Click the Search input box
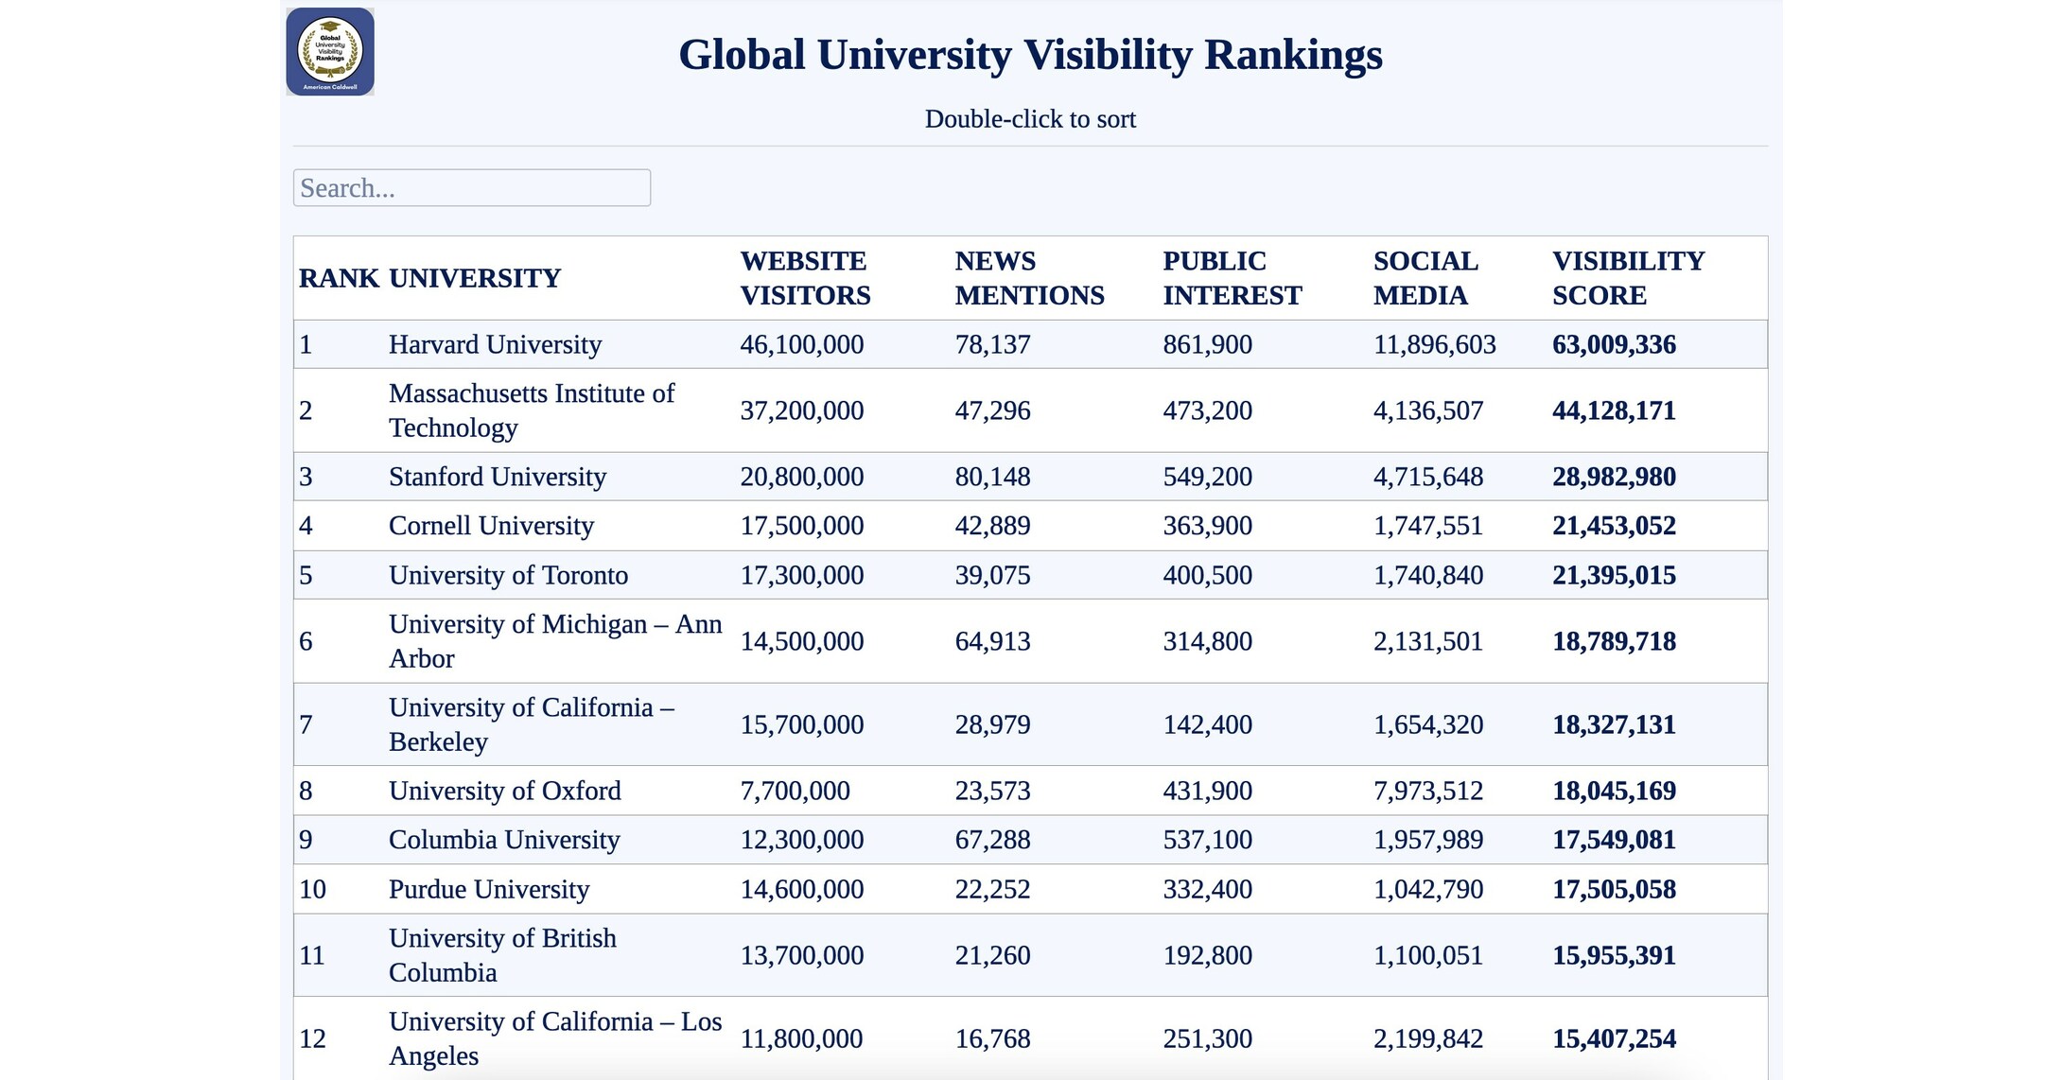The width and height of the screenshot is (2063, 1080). coord(471,188)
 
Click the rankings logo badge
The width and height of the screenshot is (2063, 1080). coord(330,52)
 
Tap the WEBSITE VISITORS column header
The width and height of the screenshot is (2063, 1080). coord(804,278)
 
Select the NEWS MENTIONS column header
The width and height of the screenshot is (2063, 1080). coord(1029,278)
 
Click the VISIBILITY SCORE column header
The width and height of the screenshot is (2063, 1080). coord(1628,278)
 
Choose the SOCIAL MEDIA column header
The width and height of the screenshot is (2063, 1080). coord(1425,278)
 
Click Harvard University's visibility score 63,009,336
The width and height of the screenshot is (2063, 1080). coord(1614,344)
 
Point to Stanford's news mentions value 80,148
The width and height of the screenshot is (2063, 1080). coord(992,477)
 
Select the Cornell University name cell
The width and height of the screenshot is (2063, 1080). coord(491,526)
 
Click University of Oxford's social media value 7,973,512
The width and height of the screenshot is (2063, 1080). coord(1427,791)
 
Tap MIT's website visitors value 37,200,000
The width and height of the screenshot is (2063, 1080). coord(801,410)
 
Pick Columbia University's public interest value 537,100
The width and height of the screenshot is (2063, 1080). coord(1207,840)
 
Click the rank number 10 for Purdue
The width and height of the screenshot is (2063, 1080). coord(312,889)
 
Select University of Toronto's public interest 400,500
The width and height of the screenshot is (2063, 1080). coord(1207,575)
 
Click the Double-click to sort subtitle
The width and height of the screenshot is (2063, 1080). coord(1030,119)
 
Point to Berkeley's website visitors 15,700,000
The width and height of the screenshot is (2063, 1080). coord(801,724)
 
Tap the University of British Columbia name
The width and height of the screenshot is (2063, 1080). coord(502,955)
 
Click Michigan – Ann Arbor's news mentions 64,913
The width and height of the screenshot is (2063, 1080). coord(992,641)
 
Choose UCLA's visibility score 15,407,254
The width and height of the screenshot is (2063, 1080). coord(1614,1038)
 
